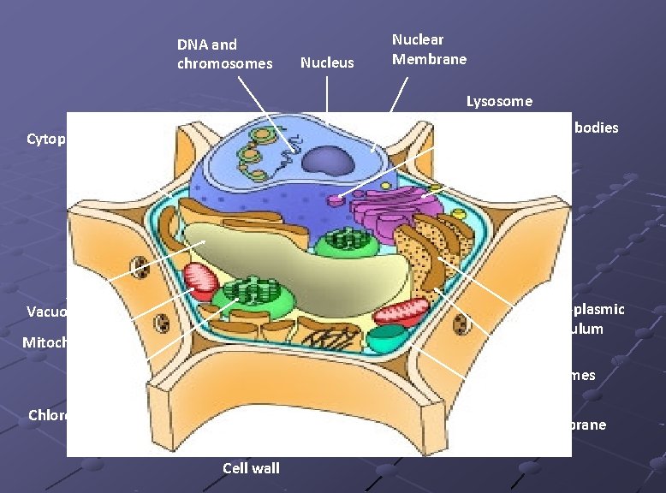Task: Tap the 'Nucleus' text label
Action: pyautogui.click(x=328, y=62)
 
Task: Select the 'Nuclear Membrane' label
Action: pyautogui.click(x=429, y=49)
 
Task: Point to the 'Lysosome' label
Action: pyautogui.click(x=499, y=101)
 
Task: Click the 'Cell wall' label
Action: pyautogui.click(x=251, y=467)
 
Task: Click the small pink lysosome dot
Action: pyautogui.click(x=335, y=200)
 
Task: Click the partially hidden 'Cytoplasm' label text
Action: pyautogui.click(x=46, y=139)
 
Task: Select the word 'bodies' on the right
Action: pyautogui.click(x=597, y=128)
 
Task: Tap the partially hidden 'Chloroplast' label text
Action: pyautogui.click(x=48, y=415)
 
